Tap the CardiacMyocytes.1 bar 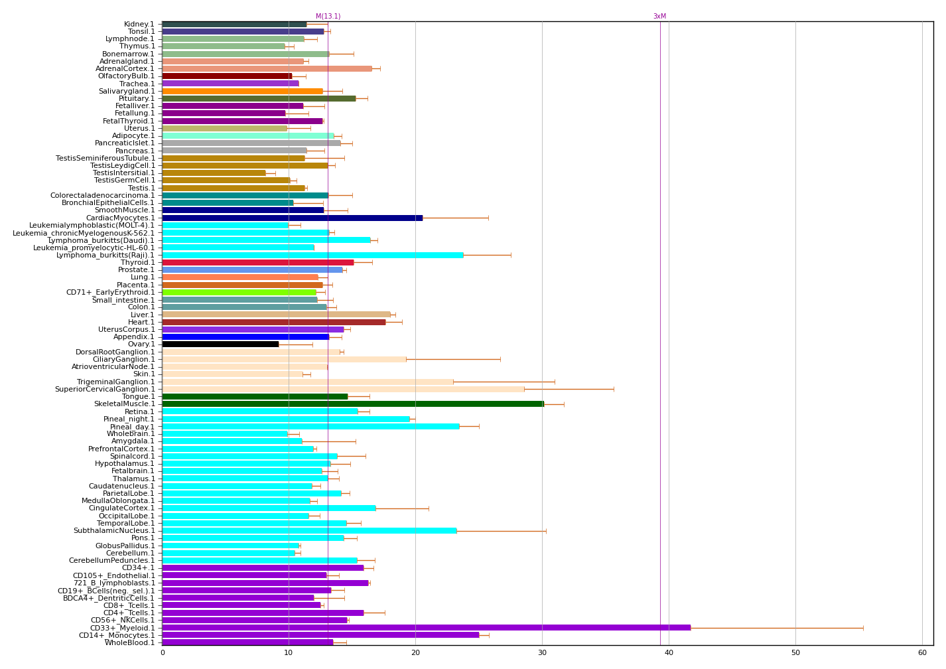[x=292, y=218]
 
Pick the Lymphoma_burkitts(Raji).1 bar [x=312, y=255]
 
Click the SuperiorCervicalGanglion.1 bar [x=343, y=389]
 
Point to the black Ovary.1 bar [x=220, y=344]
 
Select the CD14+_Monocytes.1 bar [x=320, y=634]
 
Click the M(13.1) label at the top [x=328, y=17]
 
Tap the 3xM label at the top [x=659, y=17]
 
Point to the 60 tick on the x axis [x=922, y=653]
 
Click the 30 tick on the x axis [x=542, y=653]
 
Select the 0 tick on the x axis [x=163, y=653]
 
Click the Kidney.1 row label [x=139, y=24]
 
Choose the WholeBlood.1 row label [x=130, y=642]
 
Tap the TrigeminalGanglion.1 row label [x=116, y=382]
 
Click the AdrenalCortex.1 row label [x=125, y=68]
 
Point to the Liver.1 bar [x=276, y=315]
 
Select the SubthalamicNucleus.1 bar [x=309, y=530]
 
